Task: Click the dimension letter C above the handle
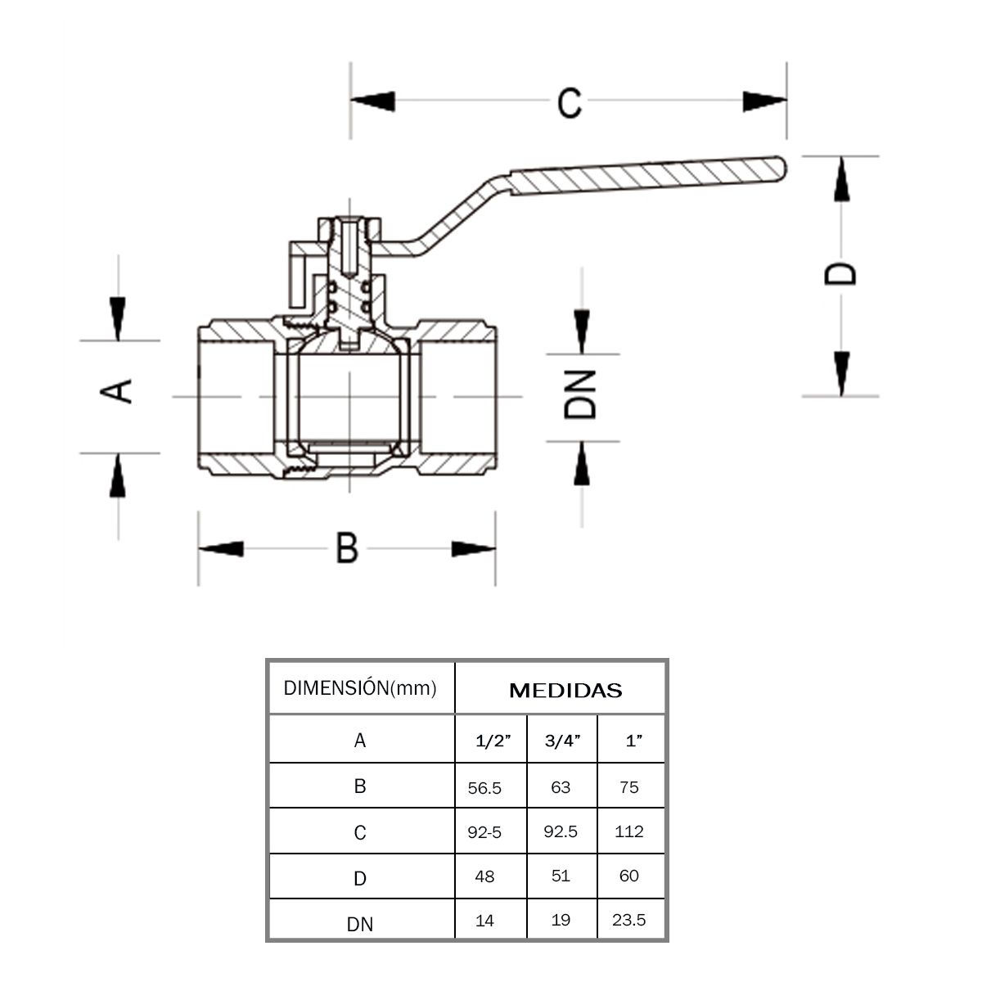570,102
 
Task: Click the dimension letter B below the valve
347,547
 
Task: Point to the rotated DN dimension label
581,395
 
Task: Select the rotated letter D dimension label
840,273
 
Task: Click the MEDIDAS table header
565,691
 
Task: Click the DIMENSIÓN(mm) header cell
360,687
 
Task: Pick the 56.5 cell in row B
484,788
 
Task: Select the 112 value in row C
629,831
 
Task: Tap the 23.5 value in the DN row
628,920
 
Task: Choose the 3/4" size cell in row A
562,741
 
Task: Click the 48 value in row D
484,876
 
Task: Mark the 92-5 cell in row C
484,832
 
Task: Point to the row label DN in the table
360,925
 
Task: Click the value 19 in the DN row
561,920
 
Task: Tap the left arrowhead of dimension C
372,101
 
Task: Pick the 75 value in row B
629,787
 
